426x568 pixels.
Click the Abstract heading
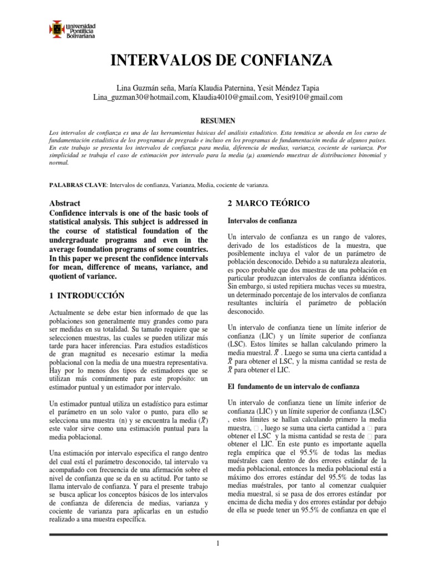[x=65, y=204]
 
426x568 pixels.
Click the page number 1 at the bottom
[x=219, y=543]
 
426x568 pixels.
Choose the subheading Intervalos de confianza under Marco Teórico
[x=263, y=221]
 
